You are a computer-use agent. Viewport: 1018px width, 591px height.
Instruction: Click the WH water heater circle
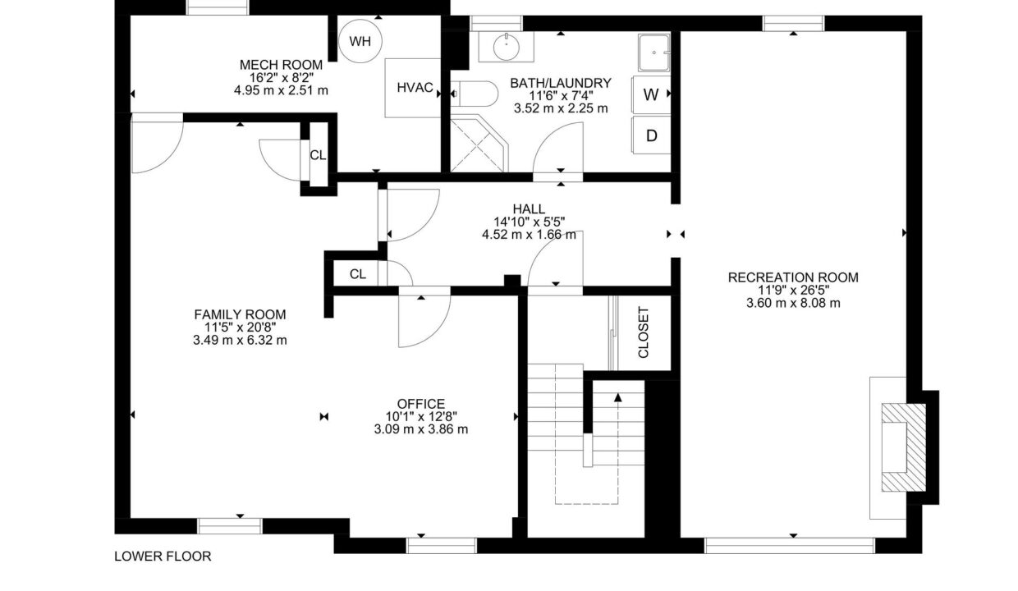360,41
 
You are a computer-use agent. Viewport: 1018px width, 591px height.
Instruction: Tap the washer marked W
651,94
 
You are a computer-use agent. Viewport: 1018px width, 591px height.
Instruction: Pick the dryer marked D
651,135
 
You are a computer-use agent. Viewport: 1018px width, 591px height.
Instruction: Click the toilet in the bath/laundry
474,94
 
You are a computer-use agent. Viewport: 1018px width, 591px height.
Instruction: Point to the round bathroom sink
507,47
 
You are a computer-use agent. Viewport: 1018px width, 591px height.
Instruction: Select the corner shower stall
479,144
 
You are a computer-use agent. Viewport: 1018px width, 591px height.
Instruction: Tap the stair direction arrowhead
617,397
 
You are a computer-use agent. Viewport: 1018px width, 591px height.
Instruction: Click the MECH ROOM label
281,65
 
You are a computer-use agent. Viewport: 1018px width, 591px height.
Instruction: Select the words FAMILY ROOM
240,314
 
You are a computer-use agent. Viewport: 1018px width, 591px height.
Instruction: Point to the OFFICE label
421,404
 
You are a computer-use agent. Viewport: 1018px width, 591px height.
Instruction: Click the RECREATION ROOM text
793,277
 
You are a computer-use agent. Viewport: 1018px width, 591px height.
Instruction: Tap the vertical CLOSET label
643,332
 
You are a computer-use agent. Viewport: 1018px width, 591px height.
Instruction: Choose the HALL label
529,209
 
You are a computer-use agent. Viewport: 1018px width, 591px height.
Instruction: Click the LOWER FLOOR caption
163,557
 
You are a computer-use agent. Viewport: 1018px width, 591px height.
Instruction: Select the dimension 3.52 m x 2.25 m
561,108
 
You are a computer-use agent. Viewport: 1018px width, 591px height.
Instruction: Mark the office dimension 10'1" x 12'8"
421,416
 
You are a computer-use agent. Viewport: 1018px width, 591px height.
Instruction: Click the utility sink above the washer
654,53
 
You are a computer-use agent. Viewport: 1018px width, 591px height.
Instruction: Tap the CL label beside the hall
358,274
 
